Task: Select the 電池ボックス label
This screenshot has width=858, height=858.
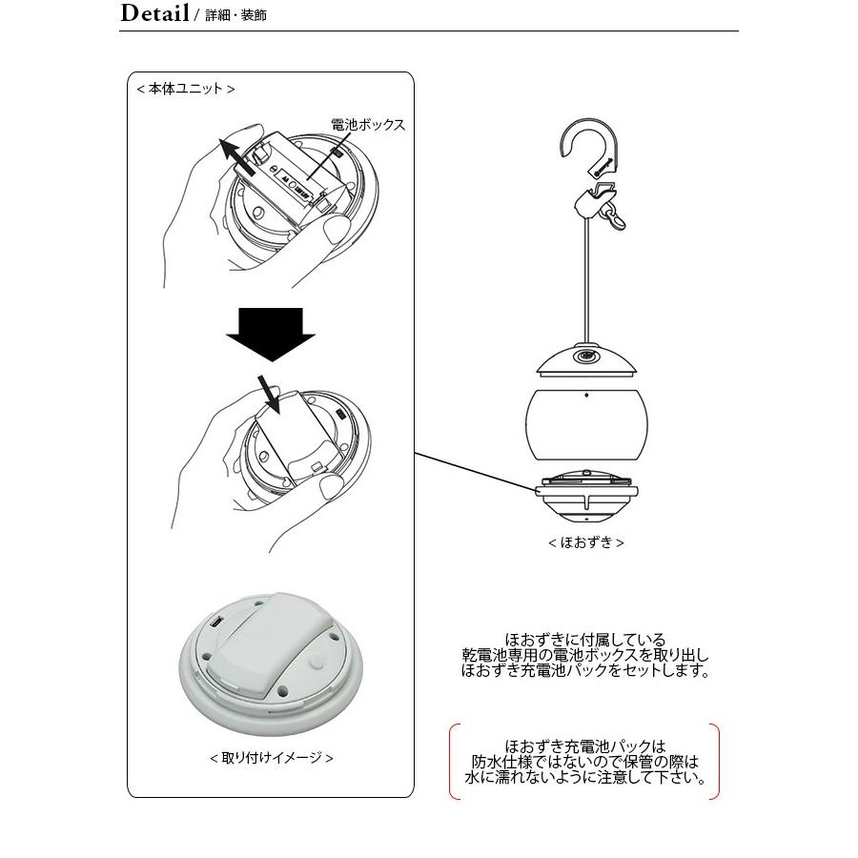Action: click(x=368, y=125)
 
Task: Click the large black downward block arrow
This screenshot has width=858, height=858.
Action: click(x=271, y=335)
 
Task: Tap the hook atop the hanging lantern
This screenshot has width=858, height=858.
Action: click(x=579, y=149)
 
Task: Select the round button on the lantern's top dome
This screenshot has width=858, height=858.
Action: click(x=584, y=359)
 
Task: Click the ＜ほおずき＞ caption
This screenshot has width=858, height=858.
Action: click(x=585, y=542)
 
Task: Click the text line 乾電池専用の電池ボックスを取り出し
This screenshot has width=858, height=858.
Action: click(x=585, y=656)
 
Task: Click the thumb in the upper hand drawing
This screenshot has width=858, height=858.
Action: click(x=333, y=229)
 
